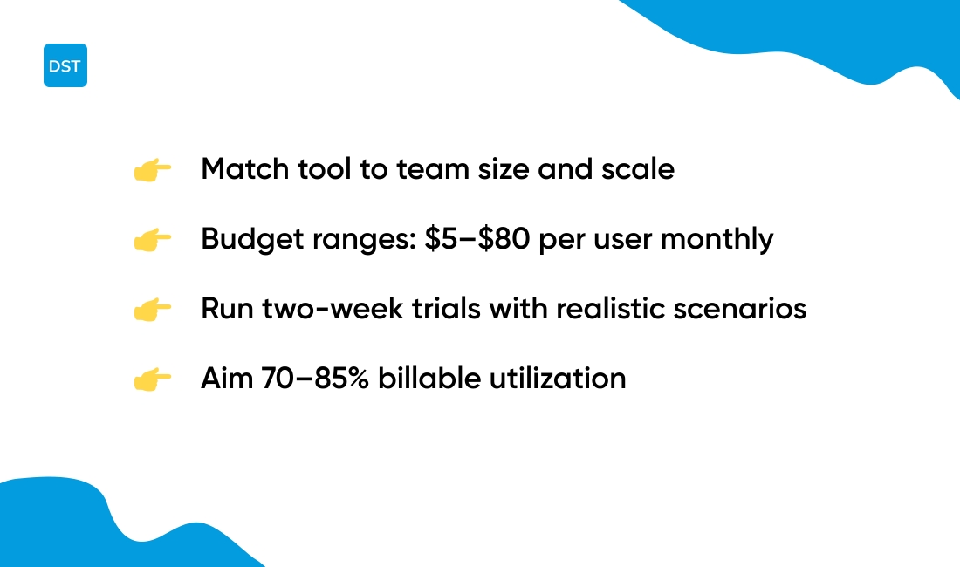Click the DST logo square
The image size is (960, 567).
65,65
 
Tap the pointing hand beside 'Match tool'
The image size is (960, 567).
152,170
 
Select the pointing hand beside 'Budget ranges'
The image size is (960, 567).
152,240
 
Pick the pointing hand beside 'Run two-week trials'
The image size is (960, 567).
152,310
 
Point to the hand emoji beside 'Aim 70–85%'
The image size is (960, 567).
152,379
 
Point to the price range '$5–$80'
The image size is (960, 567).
478,239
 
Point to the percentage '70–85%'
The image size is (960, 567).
315,379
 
